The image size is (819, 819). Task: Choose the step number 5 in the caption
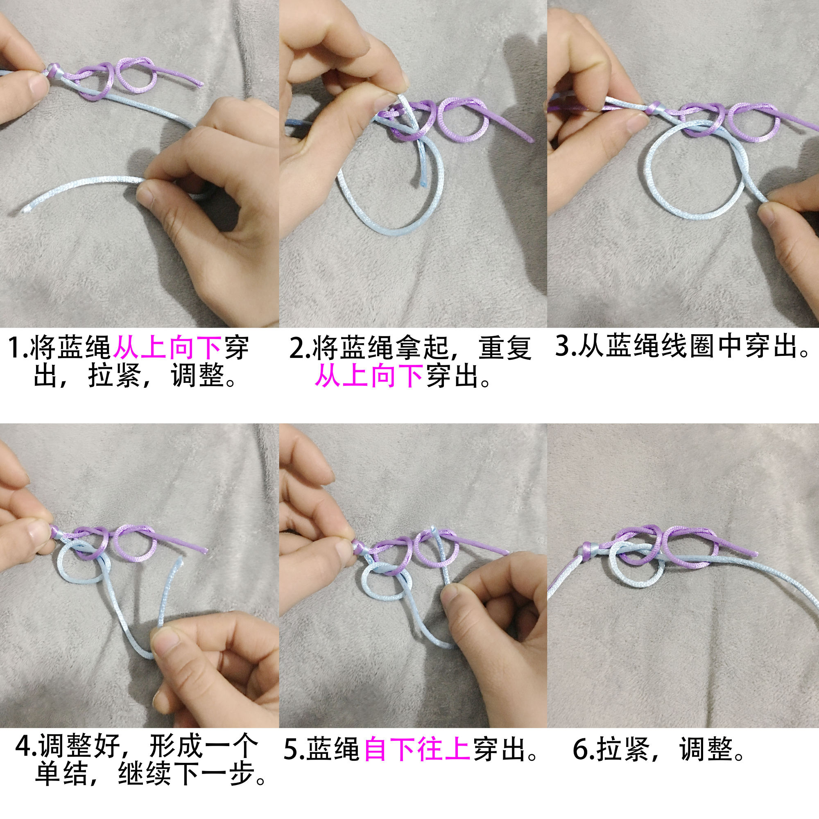[x=292, y=749]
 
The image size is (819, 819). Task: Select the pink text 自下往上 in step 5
[x=417, y=749]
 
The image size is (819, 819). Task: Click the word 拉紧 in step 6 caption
[x=623, y=749]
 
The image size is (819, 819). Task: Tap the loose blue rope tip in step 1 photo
[x=26, y=208]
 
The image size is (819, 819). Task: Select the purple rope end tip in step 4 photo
[x=205, y=551]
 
